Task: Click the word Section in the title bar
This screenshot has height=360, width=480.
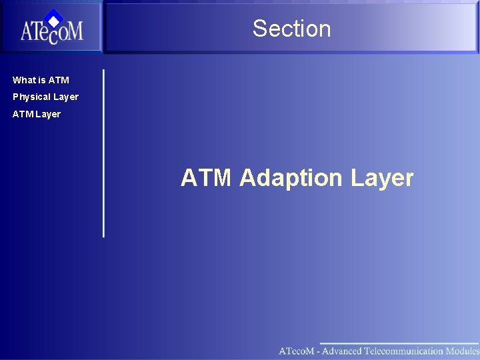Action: coord(291,29)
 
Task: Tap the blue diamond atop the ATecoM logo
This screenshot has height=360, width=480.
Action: coord(54,17)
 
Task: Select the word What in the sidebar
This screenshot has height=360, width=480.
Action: coord(25,80)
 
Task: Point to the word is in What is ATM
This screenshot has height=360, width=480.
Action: coord(43,80)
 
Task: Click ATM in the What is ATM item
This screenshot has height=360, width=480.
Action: coord(59,80)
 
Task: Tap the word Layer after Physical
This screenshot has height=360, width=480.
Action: coord(66,97)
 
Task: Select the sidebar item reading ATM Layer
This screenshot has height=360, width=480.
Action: coord(37,114)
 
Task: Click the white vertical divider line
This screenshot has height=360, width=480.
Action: coord(103,153)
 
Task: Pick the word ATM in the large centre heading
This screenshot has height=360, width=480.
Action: coord(206,178)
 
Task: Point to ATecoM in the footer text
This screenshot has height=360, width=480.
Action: coord(297,351)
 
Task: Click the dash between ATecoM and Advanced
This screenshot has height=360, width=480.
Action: coord(318,351)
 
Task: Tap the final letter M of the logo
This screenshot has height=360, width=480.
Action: coord(74,31)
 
